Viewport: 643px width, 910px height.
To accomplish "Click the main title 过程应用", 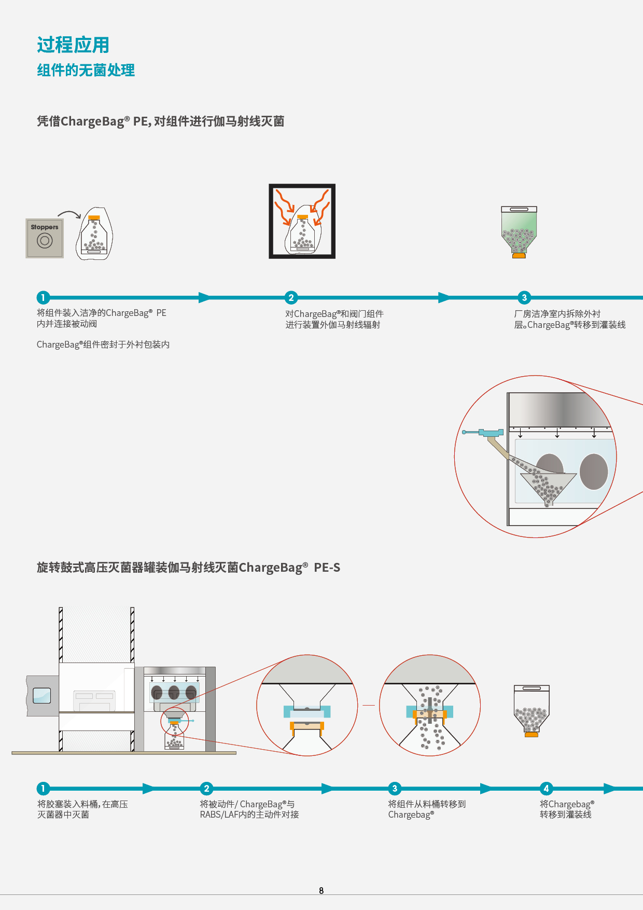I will pos(73,45).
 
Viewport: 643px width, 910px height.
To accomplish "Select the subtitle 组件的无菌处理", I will pos(86,70).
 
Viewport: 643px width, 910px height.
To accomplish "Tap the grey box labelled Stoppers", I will pos(45,238).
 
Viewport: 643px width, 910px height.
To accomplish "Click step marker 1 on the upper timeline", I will pos(43,297).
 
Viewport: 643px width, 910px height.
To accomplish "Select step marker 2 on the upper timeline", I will pos(291,297).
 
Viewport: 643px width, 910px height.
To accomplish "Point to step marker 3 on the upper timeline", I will pos(524,297).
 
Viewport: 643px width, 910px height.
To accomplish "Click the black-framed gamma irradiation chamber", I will pos(302,221).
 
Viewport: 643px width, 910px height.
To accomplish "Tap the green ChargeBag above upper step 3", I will pos(519,231).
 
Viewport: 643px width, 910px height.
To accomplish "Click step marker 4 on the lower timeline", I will pos(546,789).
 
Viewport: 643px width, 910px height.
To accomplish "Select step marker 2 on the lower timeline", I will pos(206,789).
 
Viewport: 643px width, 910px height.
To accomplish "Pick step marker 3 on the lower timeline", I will pos(395,789).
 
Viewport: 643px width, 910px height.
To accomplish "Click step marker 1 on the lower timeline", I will pos(43,789).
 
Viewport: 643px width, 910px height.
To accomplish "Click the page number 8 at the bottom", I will pos(321,891).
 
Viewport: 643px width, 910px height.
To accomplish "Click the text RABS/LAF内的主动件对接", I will pos(249,815).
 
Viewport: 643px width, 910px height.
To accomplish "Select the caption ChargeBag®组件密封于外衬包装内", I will pos(103,344).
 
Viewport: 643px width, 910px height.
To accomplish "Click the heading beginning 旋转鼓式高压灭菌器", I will pos(188,568).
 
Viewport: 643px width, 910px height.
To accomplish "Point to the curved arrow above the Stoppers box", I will pos(69,214).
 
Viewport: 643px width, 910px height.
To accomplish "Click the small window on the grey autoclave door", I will pos(42,695).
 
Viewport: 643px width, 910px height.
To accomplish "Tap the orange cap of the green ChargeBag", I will pos(519,255).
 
